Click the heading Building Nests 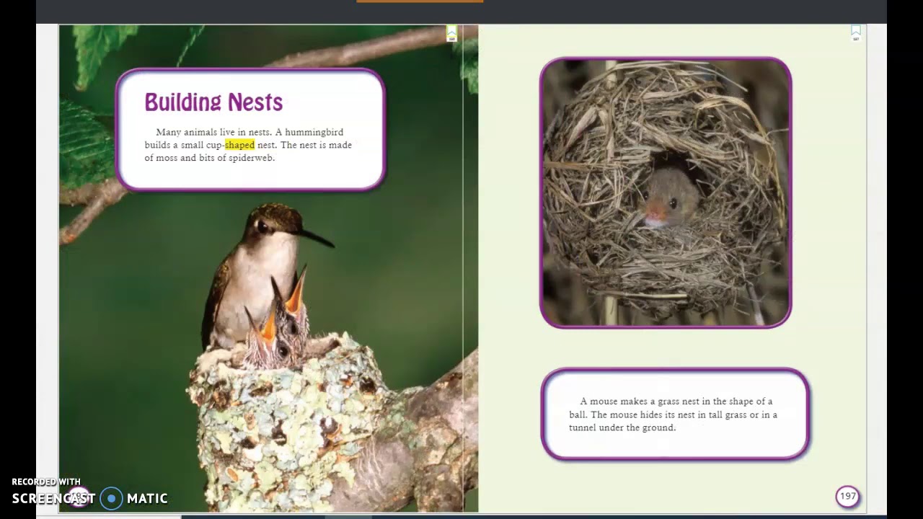pos(213,102)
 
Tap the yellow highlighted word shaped pos(239,145)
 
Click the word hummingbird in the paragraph pos(314,132)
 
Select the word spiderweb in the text pos(251,158)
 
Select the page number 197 pos(848,496)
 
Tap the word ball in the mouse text pos(577,414)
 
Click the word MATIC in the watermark pos(147,498)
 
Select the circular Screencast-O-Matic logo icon pos(112,498)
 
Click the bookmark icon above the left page pos(451,33)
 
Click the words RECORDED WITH pos(46,482)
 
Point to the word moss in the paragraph pos(166,158)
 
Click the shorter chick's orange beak pos(266,329)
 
